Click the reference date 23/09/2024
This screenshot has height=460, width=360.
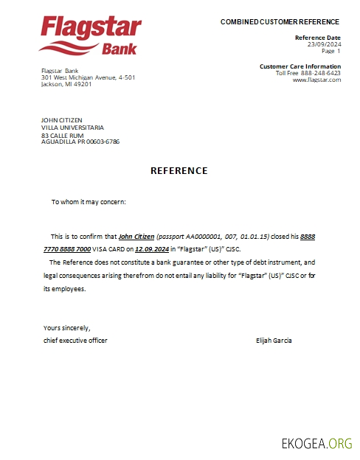pyautogui.click(x=325, y=44)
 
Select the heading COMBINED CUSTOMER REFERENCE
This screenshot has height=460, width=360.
pyautogui.click(x=280, y=22)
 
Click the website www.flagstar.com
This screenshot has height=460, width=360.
pyautogui.click(x=316, y=80)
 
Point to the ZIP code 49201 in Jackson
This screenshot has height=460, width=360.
pyautogui.click(x=83, y=84)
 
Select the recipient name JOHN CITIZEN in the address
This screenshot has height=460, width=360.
pyautogui.click(x=62, y=120)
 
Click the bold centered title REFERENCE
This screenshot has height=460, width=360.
pyautogui.click(x=179, y=171)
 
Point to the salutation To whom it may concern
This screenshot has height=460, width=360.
pyautogui.click(x=89, y=201)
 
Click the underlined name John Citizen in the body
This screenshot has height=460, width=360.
pyautogui.click(x=136, y=237)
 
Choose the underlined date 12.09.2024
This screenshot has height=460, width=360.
pyautogui.click(x=152, y=250)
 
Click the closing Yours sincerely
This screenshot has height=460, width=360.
pyautogui.click(x=66, y=327)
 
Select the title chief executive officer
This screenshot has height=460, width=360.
pyautogui.click(x=75, y=340)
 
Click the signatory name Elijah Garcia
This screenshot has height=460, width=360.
pyautogui.click(x=274, y=340)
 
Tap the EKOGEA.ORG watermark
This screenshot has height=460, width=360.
pyautogui.click(x=317, y=443)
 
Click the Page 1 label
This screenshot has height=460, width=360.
pyautogui.click(x=331, y=51)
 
